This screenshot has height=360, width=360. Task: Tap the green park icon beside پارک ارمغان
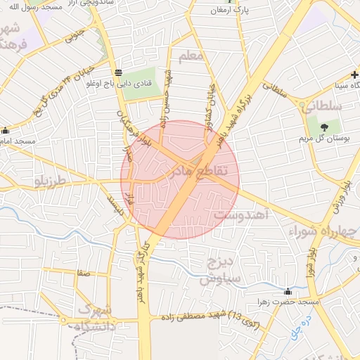tap(220, 11)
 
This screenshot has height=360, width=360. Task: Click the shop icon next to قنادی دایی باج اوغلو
tap(117, 72)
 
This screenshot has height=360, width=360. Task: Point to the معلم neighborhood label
tap(191, 55)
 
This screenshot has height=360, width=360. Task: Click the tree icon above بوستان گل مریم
tap(324, 127)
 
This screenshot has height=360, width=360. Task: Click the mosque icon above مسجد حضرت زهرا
tap(288, 291)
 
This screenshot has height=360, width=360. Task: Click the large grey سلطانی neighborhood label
tap(321, 106)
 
